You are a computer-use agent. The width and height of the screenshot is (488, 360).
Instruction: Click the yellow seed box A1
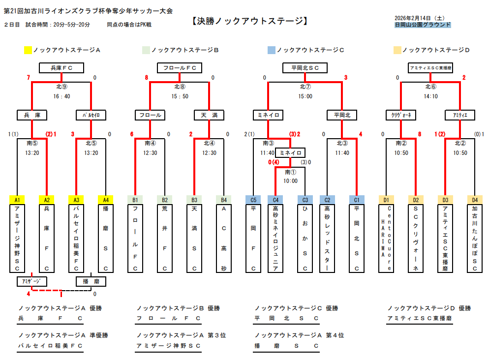(x=17, y=200)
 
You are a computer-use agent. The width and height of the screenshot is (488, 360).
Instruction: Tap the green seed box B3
(x=194, y=200)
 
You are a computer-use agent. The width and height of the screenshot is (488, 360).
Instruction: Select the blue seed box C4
(x=275, y=200)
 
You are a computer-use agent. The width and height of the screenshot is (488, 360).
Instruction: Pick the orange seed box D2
(x=416, y=200)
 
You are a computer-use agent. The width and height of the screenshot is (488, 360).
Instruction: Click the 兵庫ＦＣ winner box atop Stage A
(x=61, y=68)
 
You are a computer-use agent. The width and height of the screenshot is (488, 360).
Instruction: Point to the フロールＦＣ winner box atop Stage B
(x=180, y=68)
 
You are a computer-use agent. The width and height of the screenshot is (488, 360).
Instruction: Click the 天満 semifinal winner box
(x=209, y=115)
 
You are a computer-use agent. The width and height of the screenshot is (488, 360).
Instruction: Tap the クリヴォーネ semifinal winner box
(x=401, y=115)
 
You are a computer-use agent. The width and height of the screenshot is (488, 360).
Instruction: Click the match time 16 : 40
(x=61, y=96)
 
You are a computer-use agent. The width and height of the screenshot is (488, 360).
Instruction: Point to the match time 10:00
(x=290, y=181)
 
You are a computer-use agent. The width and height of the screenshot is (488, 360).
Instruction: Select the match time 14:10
(x=430, y=96)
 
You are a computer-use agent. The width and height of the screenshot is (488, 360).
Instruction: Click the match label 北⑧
(x=180, y=87)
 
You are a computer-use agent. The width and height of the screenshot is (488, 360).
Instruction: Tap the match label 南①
(x=290, y=172)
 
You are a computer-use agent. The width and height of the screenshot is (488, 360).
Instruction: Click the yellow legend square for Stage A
(x=28, y=50)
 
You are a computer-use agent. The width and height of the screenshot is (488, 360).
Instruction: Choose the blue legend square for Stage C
(x=272, y=50)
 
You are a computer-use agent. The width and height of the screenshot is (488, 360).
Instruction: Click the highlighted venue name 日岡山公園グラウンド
(x=423, y=25)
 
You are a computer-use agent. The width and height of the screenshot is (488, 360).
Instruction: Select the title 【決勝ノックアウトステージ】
(x=249, y=21)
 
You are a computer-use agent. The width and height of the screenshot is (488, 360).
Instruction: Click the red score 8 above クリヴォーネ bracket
(x=420, y=134)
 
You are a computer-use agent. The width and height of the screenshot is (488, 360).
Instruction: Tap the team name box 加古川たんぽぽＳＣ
(x=475, y=239)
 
